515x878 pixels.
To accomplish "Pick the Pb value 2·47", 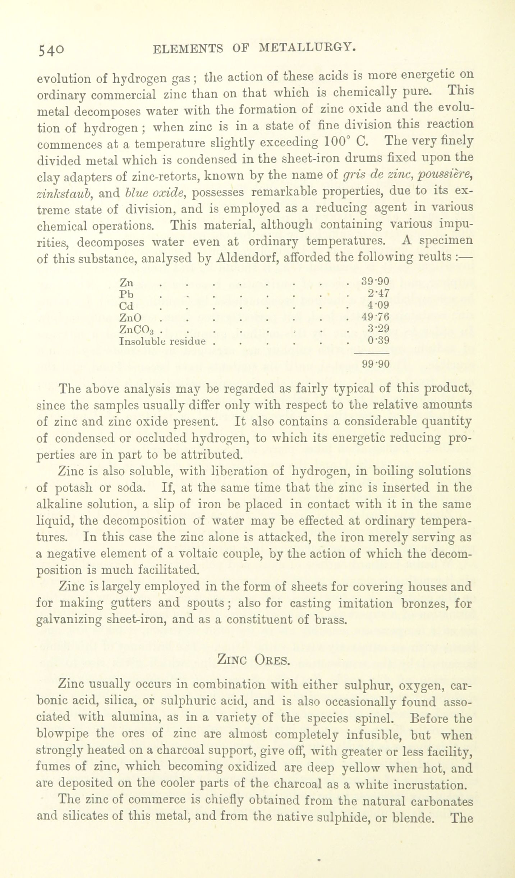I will pos(378,293).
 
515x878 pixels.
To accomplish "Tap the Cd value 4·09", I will pos(378,305).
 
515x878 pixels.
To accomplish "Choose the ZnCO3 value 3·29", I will pos(378,329).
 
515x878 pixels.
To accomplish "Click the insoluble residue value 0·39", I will pos(378,340).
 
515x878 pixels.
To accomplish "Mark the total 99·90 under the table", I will pos(375,364).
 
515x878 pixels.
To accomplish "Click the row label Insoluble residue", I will pos(162,341).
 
